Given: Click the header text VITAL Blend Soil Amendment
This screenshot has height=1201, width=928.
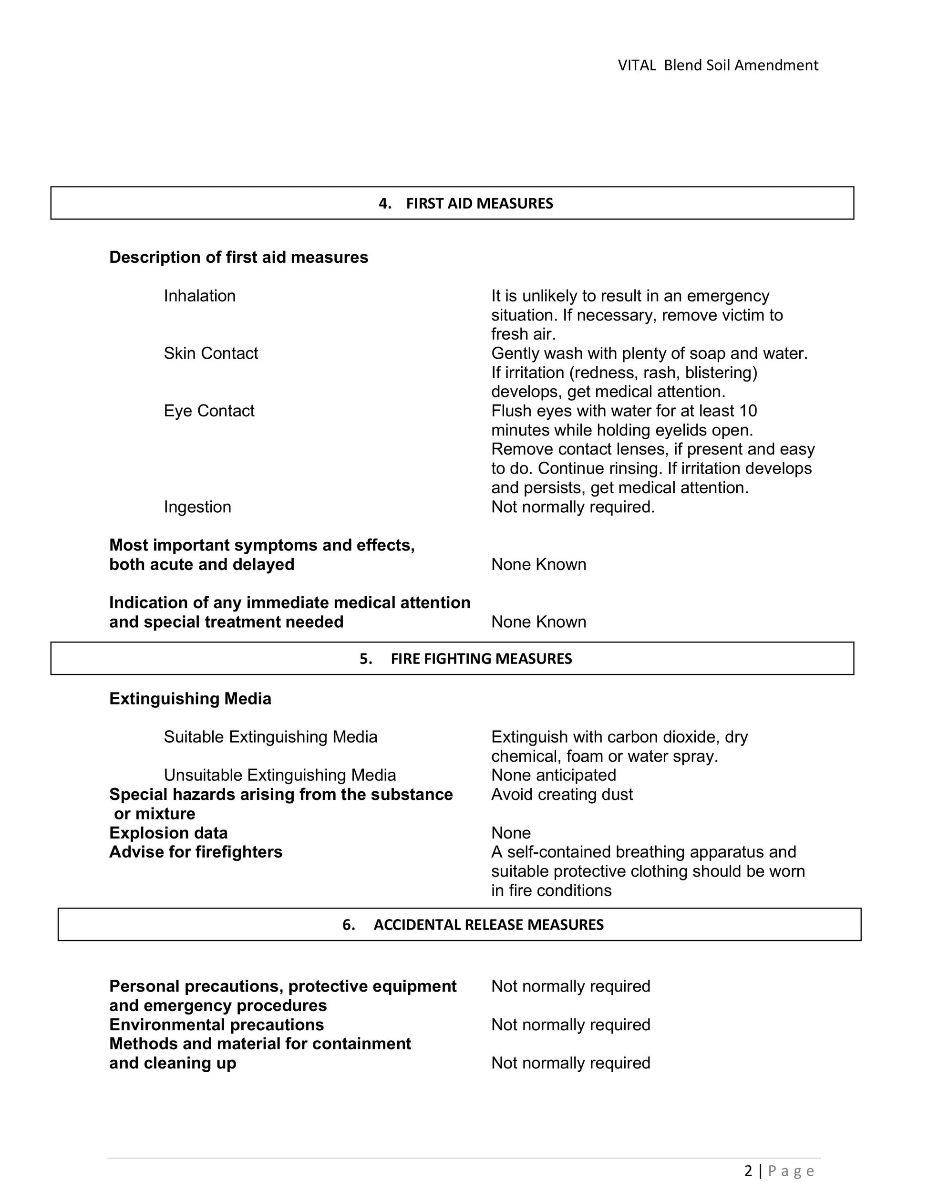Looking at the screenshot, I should [x=717, y=65].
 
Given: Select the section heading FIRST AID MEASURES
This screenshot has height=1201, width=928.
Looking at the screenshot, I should [x=479, y=204].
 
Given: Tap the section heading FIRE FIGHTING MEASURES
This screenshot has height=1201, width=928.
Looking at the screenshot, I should [x=481, y=659].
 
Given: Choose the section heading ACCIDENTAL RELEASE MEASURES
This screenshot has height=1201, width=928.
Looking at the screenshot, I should [x=488, y=924].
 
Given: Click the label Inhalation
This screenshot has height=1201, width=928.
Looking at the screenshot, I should [x=199, y=296].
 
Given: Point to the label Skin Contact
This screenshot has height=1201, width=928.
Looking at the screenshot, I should [x=211, y=353].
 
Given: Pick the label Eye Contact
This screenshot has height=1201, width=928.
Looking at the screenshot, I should [x=209, y=411].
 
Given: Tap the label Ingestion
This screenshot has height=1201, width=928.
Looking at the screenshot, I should [x=197, y=507].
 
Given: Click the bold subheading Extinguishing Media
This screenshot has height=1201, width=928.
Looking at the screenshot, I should [x=190, y=698].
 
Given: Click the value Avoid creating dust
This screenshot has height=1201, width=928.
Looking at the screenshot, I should [x=562, y=794].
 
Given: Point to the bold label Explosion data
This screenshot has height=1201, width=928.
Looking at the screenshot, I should [x=168, y=833].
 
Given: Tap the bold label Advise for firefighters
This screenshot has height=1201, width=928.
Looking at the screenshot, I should [x=196, y=852].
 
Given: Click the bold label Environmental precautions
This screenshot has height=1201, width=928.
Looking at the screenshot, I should [x=217, y=1025].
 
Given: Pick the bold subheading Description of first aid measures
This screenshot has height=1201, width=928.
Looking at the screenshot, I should [x=238, y=258].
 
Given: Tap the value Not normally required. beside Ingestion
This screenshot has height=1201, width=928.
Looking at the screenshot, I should [x=573, y=507].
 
